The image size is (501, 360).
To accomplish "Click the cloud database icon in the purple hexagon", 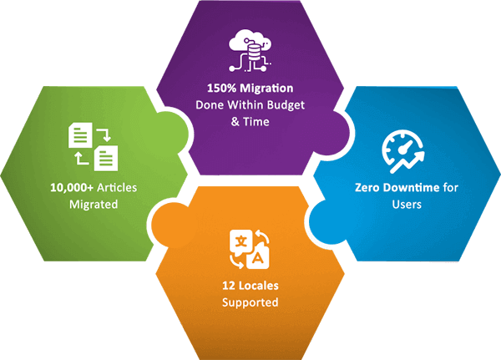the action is click(x=250, y=51).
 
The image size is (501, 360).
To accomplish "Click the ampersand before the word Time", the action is click(x=235, y=122).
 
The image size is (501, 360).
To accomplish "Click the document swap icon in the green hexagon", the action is click(x=94, y=146).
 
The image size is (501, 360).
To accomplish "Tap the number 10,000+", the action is click(x=71, y=188).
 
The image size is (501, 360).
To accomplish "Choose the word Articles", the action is click(x=117, y=187).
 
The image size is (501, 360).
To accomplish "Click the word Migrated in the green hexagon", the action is click(x=94, y=205).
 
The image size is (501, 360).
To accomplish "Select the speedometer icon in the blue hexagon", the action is click(x=403, y=151).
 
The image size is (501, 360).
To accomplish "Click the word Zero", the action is click(x=367, y=187).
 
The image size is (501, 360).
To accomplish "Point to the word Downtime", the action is click(x=411, y=187).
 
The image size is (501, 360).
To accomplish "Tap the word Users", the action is click(x=407, y=205).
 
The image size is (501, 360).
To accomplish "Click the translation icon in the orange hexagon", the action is click(x=250, y=250).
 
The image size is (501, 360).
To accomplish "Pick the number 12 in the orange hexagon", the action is click(x=229, y=286).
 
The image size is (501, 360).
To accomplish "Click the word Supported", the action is click(x=250, y=302).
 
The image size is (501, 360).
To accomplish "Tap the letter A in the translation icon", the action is click(x=258, y=258).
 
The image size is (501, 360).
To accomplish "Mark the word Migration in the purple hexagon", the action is click(x=266, y=89).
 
